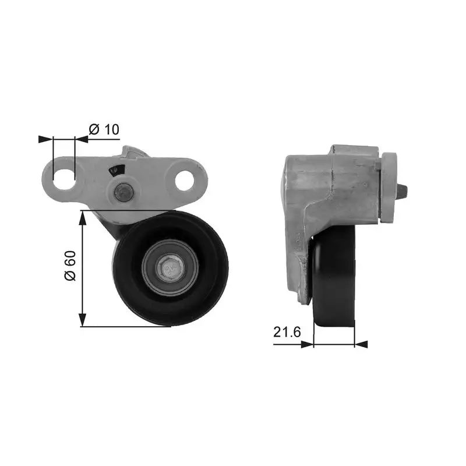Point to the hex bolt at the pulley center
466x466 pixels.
[170, 269]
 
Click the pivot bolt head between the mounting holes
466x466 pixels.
[123, 192]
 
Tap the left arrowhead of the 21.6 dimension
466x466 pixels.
[306, 344]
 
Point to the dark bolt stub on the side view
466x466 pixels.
[403, 192]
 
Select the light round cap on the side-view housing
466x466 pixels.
[389, 188]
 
